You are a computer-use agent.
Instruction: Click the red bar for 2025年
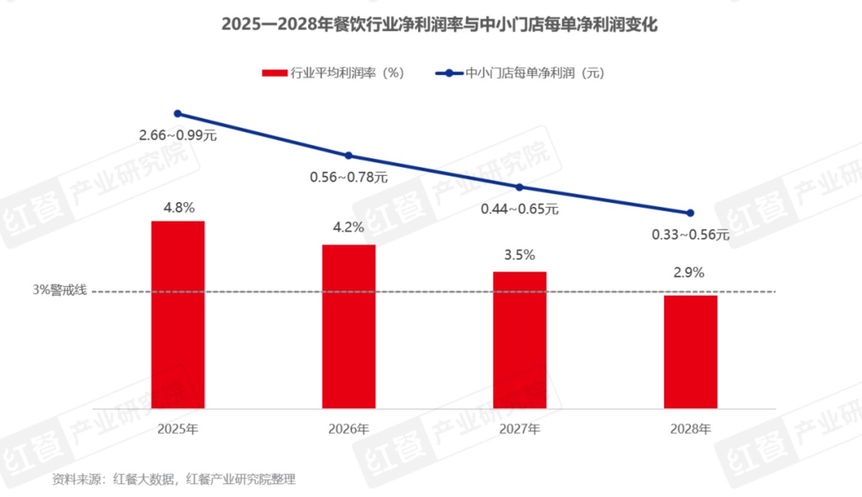pyautogui.click(x=177, y=315)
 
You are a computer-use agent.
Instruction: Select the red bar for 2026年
pyautogui.click(x=349, y=327)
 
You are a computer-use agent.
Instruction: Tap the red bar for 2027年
pyautogui.click(x=519, y=340)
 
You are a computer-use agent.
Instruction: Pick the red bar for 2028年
pyautogui.click(x=690, y=352)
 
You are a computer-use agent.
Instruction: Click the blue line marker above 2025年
pyautogui.click(x=177, y=113)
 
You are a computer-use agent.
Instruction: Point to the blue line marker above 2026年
pyautogui.click(x=349, y=156)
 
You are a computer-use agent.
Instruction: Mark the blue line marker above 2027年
pyautogui.click(x=519, y=187)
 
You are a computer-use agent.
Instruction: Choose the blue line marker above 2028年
pyautogui.click(x=690, y=213)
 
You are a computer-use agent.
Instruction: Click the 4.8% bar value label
pyautogui.click(x=179, y=208)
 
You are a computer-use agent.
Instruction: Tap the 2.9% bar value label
pyautogui.click(x=689, y=273)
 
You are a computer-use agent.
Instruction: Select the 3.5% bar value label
pyautogui.click(x=519, y=255)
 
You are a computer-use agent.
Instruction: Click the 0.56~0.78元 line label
pyautogui.click(x=349, y=177)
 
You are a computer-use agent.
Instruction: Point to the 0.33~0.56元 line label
pyautogui.click(x=690, y=235)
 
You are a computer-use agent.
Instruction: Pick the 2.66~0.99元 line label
pyautogui.click(x=177, y=135)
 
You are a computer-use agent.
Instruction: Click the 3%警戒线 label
pyautogui.click(x=60, y=291)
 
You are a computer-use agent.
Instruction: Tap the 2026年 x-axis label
pyautogui.click(x=349, y=429)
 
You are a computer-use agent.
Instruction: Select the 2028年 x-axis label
pyautogui.click(x=690, y=429)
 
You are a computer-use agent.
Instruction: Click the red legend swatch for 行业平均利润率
pyautogui.click(x=275, y=73)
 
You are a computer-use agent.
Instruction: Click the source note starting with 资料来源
pyautogui.click(x=174, y=480)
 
